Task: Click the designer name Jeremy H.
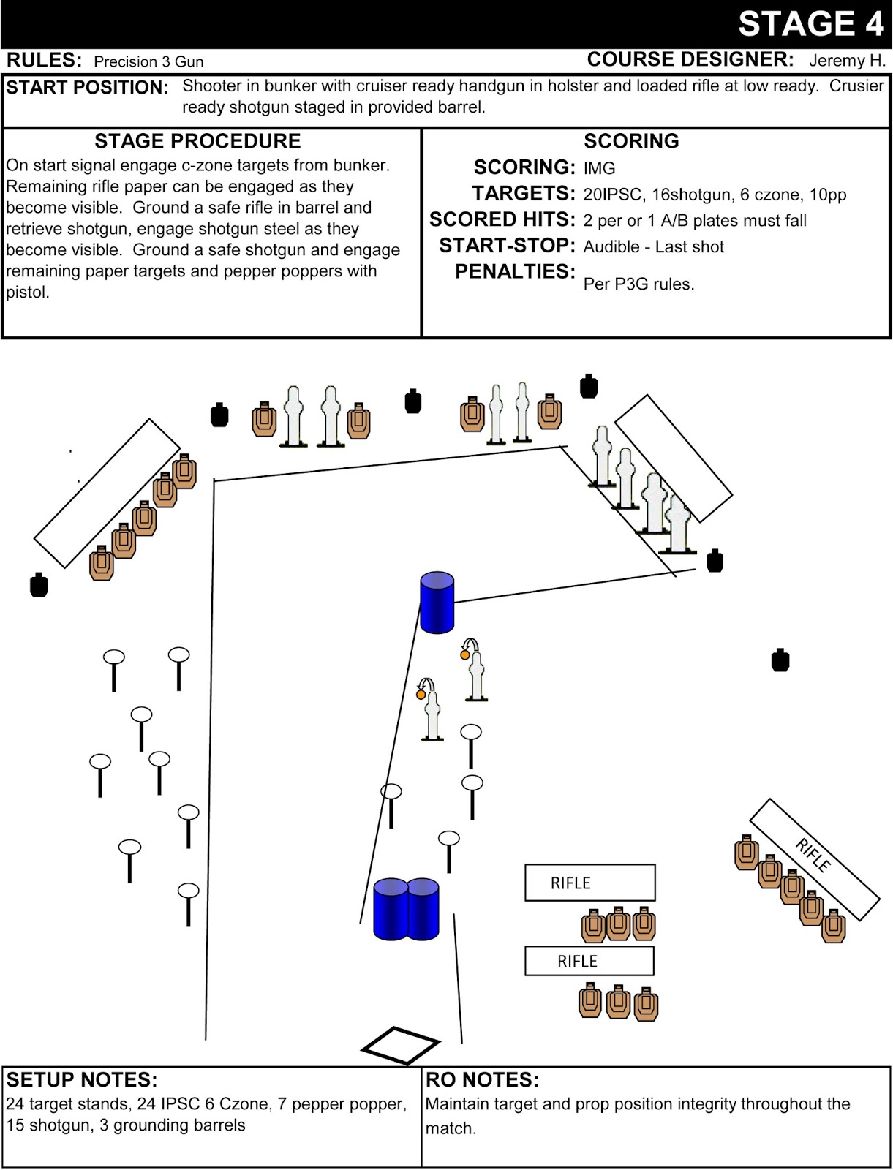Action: pos(847,61)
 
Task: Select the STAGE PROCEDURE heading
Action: pos(197,141)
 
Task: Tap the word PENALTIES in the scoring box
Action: pos(515,272)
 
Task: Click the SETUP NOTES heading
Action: pos(82,1080)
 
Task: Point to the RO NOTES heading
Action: pos(482,1080)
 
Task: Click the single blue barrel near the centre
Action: pos(437,603)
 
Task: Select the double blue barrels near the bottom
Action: pos(406,909)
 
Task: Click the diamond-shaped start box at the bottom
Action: pos(400,1046)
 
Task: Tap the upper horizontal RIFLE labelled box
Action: pos(589,883)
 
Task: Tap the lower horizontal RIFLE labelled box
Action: pos(589,961)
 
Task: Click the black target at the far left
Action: pos(39,585)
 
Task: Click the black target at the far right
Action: pos(780,660)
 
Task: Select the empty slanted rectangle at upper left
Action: pos(107,493)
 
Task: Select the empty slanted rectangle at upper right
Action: pos(673,458)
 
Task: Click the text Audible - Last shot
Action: pos(653,247)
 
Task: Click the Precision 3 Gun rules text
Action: pos(148,62)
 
